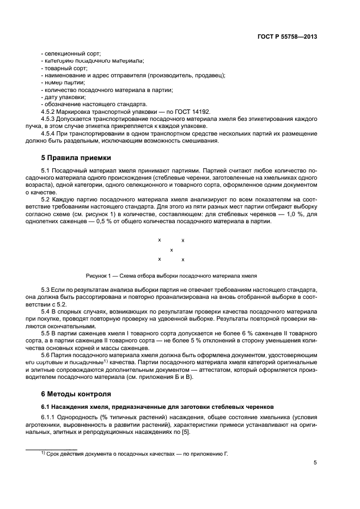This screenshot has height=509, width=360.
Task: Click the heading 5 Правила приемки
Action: coord(76,158)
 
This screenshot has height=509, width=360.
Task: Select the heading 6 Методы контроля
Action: coord(76,394)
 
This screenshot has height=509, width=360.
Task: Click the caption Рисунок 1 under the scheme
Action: coord(171,275)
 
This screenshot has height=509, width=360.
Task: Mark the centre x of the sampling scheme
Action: coord(172,250)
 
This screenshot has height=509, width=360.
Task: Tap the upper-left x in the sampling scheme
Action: coord(159,240)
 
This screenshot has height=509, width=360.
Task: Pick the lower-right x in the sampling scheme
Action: coord(183,260)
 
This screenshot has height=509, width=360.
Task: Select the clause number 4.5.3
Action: coord(50,118)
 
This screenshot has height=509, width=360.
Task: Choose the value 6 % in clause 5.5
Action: coord(227,332)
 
